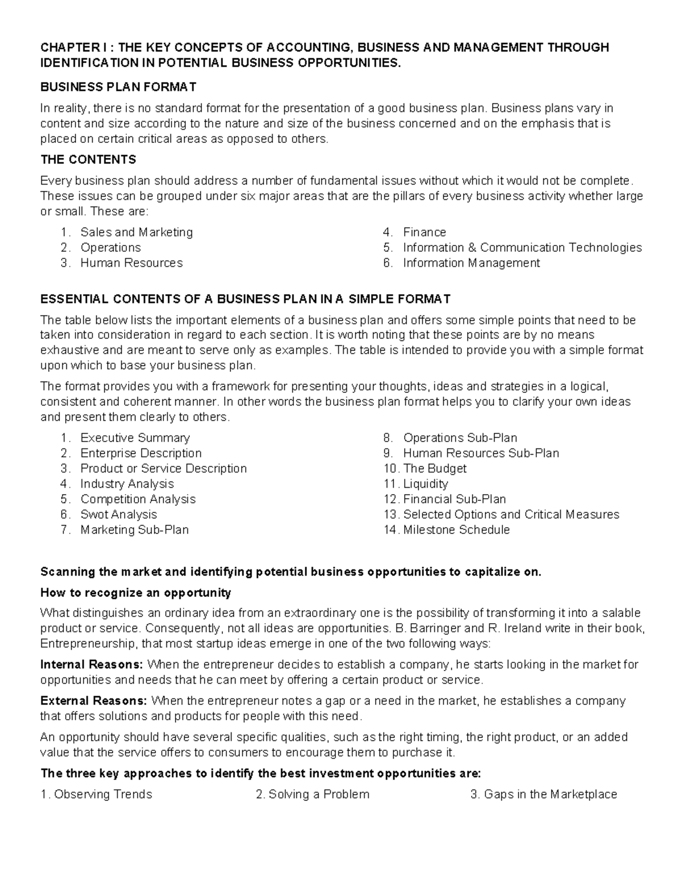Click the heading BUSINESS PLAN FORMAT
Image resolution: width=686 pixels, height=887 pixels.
point(118,87)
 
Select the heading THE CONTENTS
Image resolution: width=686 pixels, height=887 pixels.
point(88,159)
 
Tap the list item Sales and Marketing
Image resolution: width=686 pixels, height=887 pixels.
point(136,232)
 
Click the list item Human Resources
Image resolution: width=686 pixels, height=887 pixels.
point(131,263)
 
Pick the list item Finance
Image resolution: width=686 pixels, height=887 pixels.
point(424,232)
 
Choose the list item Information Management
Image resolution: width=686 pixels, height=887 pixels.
point(471,263)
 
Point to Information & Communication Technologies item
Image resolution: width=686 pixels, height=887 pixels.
point(522,247)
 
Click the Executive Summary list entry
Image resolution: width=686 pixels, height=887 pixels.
point(135,438)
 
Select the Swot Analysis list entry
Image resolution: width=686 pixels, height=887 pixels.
point(118,515)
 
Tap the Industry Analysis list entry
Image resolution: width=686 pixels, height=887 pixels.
point(127,484)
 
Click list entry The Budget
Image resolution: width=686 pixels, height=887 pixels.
point(434,468)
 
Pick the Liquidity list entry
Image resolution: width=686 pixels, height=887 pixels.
point(425,484)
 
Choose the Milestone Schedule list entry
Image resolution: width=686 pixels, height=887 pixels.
point(456,530)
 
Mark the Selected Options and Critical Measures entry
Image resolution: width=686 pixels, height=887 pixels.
point(511,515)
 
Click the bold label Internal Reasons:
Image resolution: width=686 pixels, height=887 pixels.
point(91,665)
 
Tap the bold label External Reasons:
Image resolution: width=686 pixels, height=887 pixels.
point(93,701)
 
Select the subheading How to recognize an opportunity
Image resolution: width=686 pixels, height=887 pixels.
point(135,592)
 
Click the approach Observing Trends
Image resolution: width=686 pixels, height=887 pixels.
point(103,794)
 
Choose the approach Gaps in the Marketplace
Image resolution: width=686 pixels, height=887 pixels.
point(550,794)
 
